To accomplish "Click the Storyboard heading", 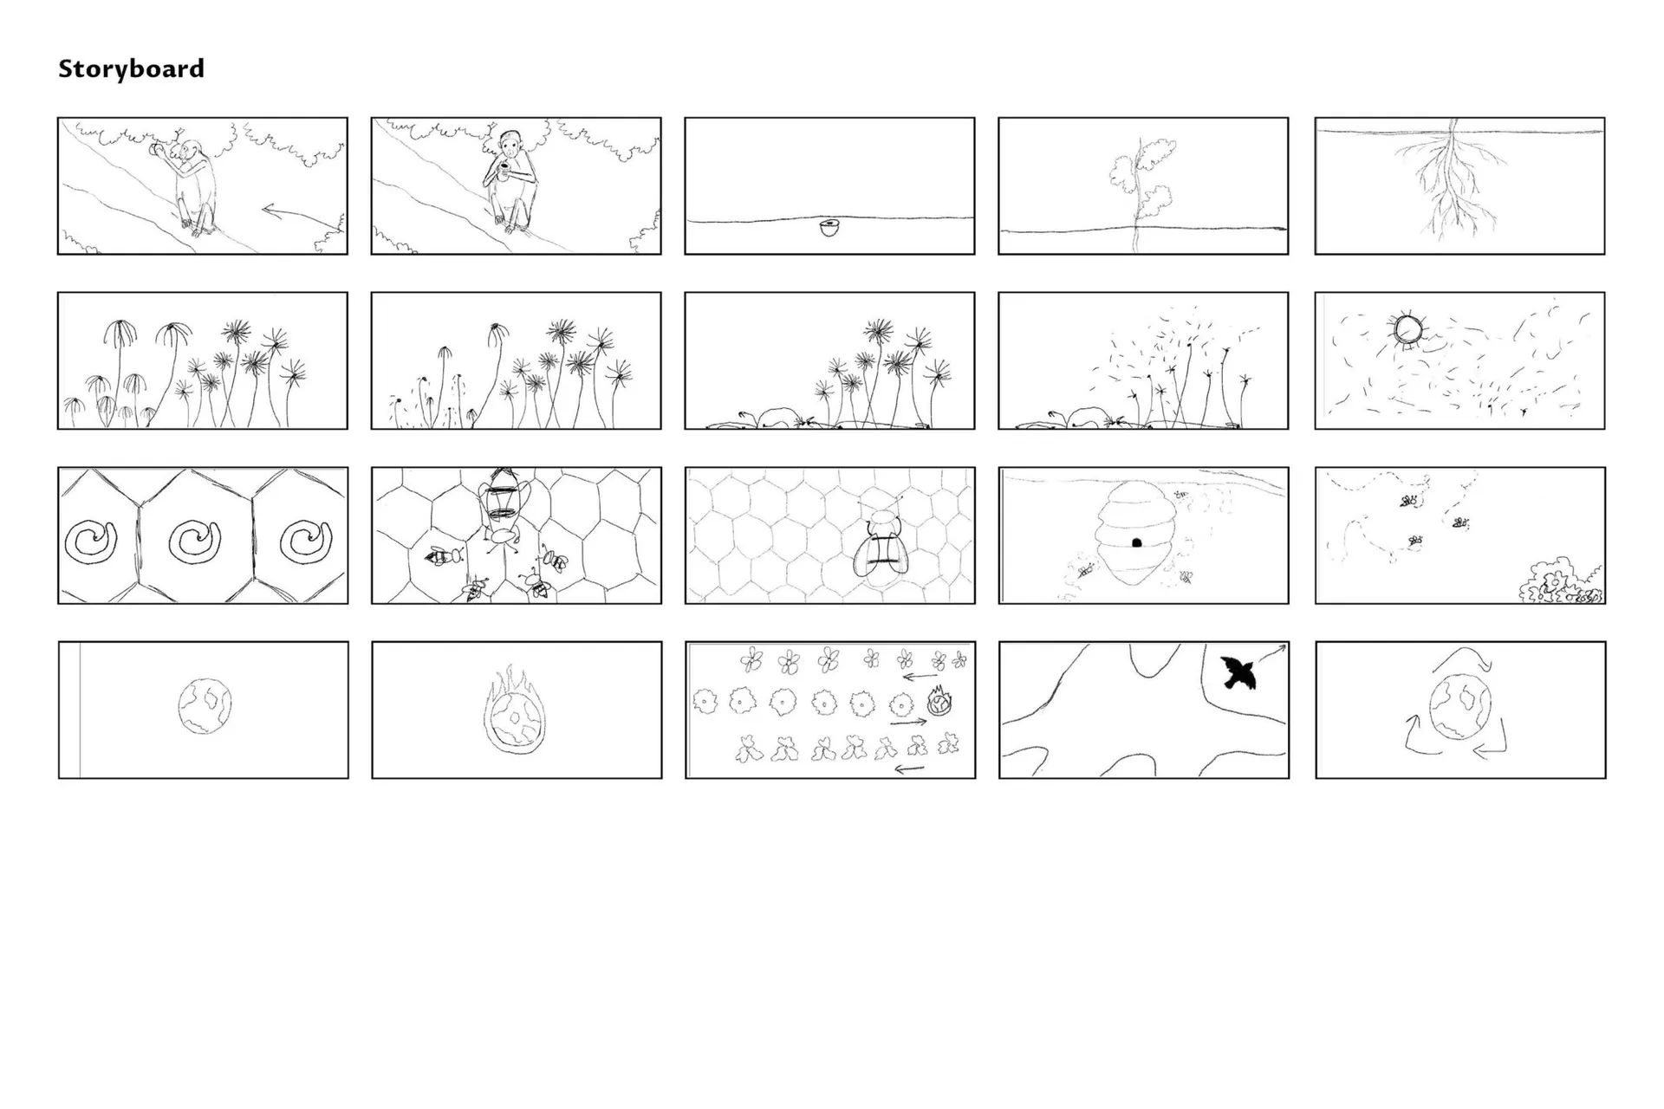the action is (131, 69).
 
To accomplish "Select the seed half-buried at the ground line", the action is (829, 229).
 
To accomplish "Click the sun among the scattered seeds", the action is (1407, 330).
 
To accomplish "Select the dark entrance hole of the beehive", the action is (1137, 542).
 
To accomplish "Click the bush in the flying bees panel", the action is (1560, 581).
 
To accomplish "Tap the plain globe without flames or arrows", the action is (205, 706).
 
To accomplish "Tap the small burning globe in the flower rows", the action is (939, 701).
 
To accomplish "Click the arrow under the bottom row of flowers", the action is (909, 768).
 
